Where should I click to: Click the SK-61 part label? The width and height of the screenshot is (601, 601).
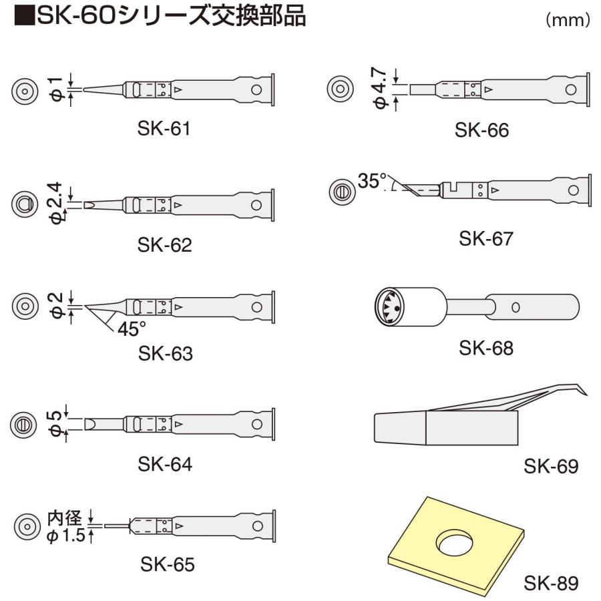click(x=164, y=128)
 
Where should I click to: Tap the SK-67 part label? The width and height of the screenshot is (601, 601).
click(x=486, y=238)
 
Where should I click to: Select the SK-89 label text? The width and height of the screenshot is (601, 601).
click(x=550, y=583)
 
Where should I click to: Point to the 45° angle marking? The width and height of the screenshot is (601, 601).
click(x=131, y=328)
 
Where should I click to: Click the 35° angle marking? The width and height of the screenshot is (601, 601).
click(x=373, y=180)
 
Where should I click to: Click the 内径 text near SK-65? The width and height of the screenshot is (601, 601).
click(x=64, y=518)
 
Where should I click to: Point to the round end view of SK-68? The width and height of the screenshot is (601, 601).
click(x=390, y=307)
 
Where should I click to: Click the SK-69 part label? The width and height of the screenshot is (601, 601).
click(x=550, y=466)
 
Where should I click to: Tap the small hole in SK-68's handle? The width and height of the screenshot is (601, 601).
click(x=516, y=307)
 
